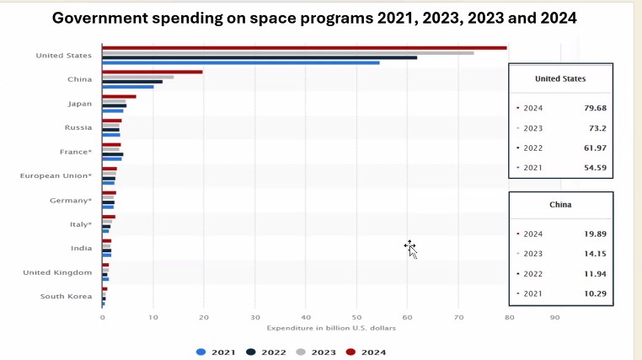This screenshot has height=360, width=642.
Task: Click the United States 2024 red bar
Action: point(303,48)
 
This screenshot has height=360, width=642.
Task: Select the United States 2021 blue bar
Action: point(240,62)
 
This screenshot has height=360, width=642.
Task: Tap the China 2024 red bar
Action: point(152,72)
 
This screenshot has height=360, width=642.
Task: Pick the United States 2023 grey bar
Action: point(287,53)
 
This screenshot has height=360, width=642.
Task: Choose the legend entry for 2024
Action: point(366,352)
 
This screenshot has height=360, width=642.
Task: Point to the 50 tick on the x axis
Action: point(356,317)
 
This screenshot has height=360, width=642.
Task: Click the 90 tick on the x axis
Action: point(554,317)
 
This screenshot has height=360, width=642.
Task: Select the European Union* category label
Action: point(56,176)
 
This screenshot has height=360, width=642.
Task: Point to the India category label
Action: point(82,249)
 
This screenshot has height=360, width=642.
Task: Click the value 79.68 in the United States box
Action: point(595,108)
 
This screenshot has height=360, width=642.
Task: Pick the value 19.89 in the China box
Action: point(595,234)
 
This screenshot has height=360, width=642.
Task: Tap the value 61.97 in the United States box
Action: point(595,148)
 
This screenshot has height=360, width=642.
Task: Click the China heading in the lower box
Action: point(560,205)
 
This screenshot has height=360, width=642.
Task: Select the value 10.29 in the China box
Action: point(595,293)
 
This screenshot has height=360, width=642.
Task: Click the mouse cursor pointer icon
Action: point(410,248)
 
